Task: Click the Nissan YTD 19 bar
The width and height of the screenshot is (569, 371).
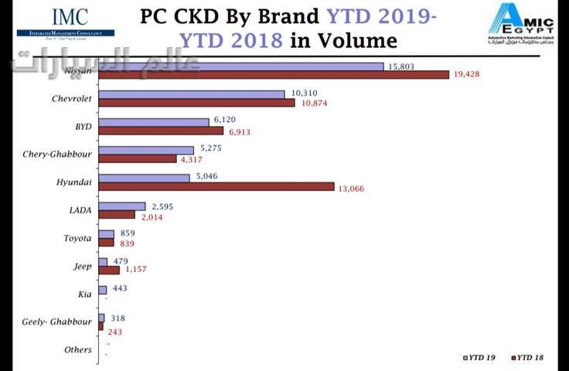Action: [241, 66]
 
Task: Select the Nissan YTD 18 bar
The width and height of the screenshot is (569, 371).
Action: [274, 75]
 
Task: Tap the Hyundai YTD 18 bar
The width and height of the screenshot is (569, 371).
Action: [216, 186]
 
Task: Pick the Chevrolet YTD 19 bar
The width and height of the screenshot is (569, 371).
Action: [192, 94]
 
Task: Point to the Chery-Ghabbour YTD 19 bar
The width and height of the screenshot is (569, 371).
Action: [146, 150]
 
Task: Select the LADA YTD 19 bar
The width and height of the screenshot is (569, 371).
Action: [122, 206]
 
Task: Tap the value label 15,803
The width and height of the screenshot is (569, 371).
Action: [402, 66]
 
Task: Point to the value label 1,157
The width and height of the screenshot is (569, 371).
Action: [135, 270]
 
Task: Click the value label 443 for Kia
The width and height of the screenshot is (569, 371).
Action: [119, 288]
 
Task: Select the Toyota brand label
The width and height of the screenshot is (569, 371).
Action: [77, 238]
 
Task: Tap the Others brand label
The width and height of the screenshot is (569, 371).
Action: [78, 349]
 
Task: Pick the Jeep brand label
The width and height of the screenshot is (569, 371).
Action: [81, 266]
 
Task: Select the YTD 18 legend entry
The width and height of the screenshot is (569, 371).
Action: [529, 357]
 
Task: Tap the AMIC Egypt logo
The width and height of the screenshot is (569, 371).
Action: [520, 23]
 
